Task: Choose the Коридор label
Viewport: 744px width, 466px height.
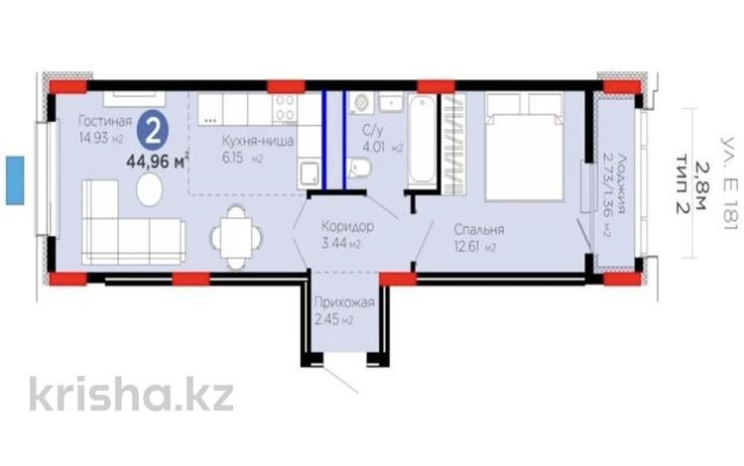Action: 347,225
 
